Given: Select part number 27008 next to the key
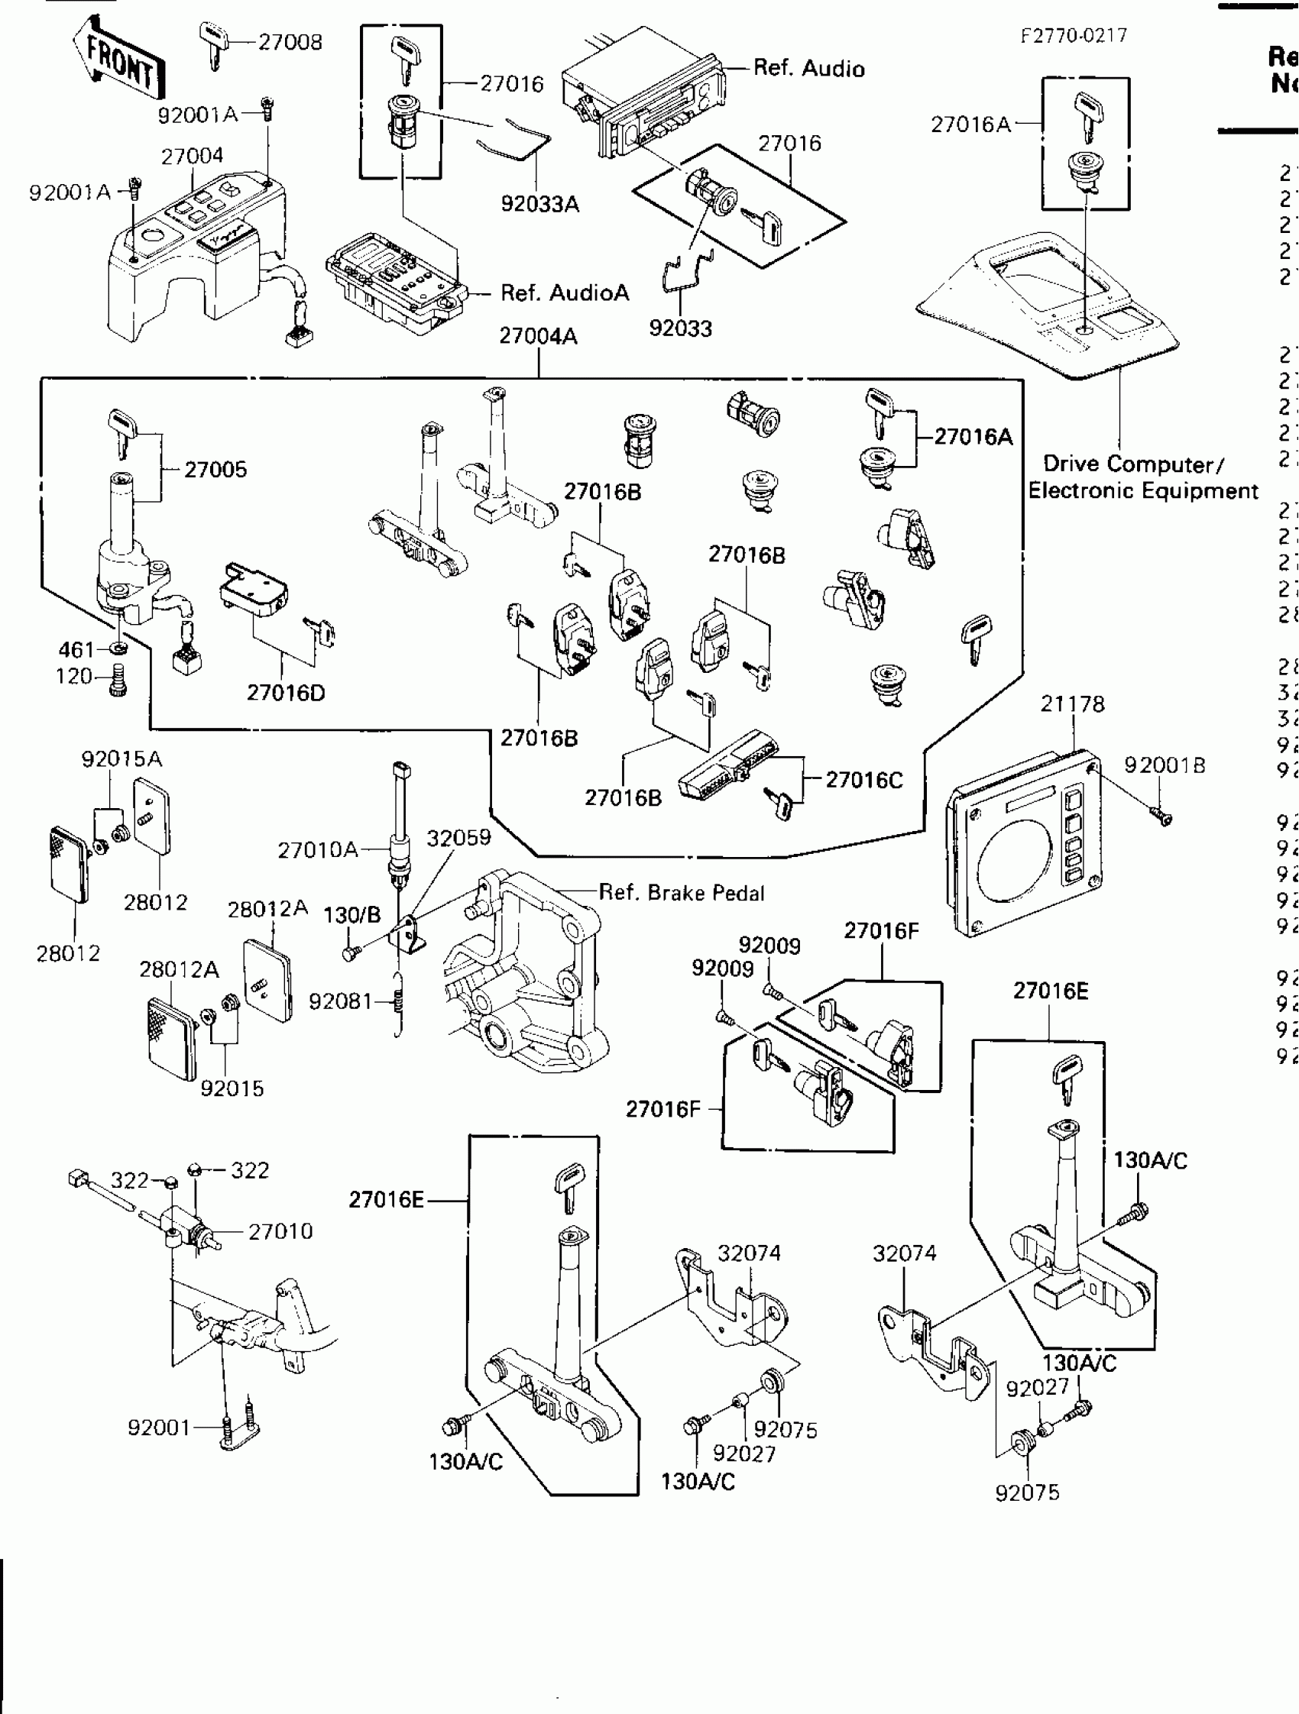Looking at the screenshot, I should pyautogui.click(x=290, y=42).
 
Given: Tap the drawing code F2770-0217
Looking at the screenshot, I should pyautogui.click(x=1074, y=36).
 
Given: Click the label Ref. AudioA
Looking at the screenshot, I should pyautogui.click(x=564, y=293).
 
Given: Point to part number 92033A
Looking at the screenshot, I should pyautogui.click(x=539, y=204).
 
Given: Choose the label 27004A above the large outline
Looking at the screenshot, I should pyautogui.click(x=538, y=336).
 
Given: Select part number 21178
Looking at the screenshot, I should pyautogui.click(x=1072, y=703).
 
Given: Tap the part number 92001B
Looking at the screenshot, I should pyautogui.click(x=1165, y=765).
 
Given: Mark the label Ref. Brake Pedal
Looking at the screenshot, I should pyautogui.click(x=682, y=893).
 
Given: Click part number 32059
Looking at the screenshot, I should pyautogui.click(x=458, y=838).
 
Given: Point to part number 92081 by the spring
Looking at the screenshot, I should pyautogui.click(x=340, y=1002).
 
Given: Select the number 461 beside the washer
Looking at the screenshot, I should pyautogui.click(x=76, y=649).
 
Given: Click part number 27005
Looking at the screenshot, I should pyautogui.click(x=215, y=470).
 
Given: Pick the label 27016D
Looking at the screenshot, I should pyautogui.click(x=285, y=693).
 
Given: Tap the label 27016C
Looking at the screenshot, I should pyautogui.click(x=863, y=780).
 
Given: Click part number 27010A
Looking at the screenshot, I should pyautogui.click(x=318, y=850).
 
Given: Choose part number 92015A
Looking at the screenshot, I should pyautogui.click(x=121, y=758).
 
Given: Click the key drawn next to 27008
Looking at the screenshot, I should pyautogui.click(x=213, y=44).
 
